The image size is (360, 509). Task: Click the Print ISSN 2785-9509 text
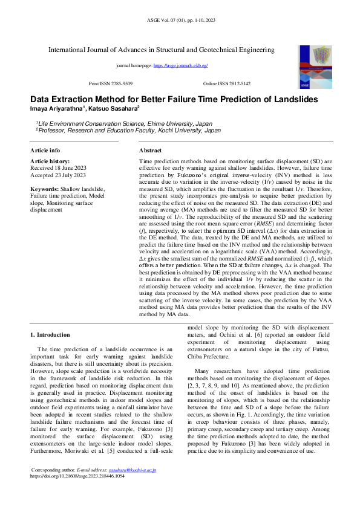coord(111,83)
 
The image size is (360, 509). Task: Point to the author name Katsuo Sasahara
coord(116,108)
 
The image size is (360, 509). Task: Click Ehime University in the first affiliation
coord(158,123)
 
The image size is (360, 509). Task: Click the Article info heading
coord(45,150)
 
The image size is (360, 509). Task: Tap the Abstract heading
coord(150,150)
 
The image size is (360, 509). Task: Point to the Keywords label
coord(44,189)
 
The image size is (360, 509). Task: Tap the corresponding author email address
coord(136,469)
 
